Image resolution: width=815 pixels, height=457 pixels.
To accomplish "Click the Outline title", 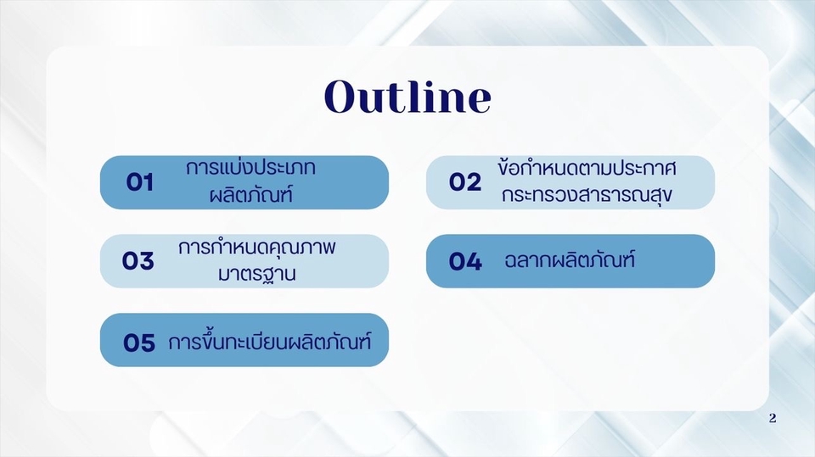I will (x=407, y=98).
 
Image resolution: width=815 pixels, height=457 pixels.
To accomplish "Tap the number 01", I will (x=139, y=182).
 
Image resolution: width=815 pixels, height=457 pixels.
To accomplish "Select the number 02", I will (x=465, y=182).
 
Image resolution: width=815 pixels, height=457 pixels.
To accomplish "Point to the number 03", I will (x=138, y=261).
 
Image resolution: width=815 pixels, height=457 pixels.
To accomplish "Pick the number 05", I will (x=139, y=343).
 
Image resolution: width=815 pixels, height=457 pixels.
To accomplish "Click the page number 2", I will (x=771, y=418).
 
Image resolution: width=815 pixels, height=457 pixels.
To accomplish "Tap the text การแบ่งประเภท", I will (x=250, y=169).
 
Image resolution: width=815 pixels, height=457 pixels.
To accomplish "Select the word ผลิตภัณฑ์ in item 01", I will (x=250, y=195).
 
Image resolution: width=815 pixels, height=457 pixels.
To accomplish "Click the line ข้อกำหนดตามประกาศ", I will (x=587, y=169).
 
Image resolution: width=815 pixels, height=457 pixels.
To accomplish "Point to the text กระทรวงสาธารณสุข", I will (x=587, y=195).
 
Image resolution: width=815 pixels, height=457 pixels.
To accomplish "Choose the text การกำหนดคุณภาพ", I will (x=258, y=248).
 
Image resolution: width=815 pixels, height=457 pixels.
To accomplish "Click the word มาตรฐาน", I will (x=258, y=274).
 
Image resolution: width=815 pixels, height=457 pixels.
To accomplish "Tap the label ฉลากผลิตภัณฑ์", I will (x=570, y=260).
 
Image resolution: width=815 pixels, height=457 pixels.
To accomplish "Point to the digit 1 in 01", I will (x=149, y=182).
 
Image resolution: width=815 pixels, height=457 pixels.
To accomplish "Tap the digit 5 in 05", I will (x=148, y=343).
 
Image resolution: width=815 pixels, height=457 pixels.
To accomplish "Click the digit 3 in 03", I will (x=147, y=261).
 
